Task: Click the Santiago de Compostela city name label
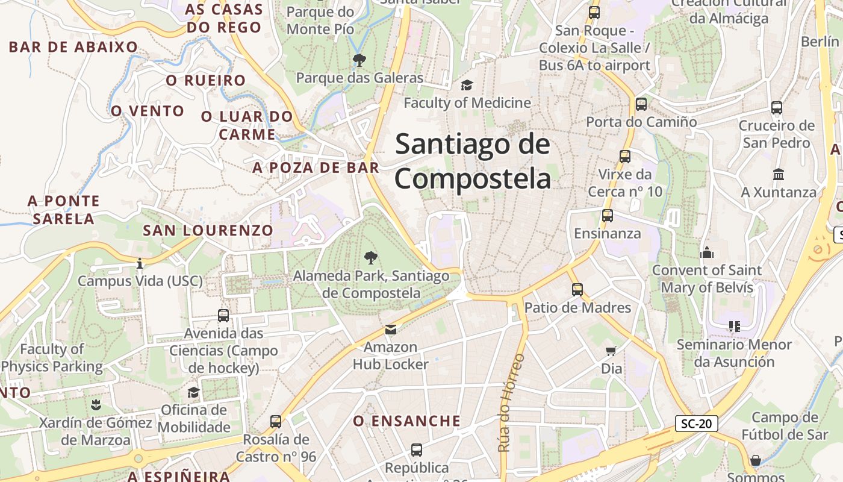click(473, 161)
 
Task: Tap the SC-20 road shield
click(696, 424)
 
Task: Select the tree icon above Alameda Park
click(372, 258)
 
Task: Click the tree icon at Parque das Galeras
click(359, 60)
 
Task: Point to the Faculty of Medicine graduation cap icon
click(467, 85)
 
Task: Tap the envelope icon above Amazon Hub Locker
click(391, 330)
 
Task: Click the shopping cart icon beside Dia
click(611, 351)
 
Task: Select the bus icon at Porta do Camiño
click(641, 104)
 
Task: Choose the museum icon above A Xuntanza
click(779, 174)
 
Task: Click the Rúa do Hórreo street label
click(511, 402)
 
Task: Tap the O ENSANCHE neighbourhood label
click(407, 421)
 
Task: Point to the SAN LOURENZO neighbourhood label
click(208, 230)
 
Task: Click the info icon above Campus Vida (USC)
click(140, 263)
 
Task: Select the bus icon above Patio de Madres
click(577, 290)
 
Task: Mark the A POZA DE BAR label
click(316, 167)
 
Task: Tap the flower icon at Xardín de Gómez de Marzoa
click(95, 404)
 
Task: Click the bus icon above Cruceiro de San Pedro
click(777, 108)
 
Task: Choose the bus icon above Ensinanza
click(607, 215)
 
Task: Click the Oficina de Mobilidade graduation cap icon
click(193, 393)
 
